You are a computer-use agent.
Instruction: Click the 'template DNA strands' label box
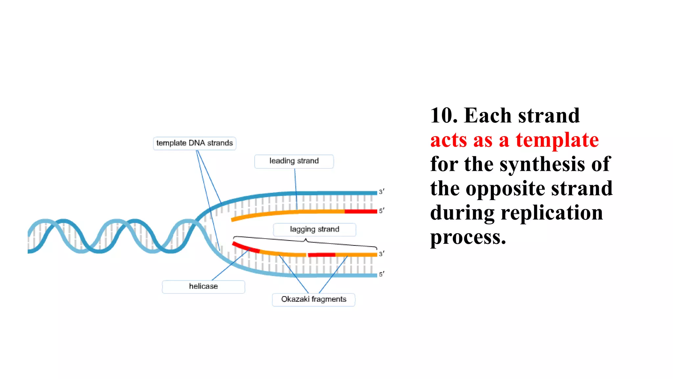(x=195, y=143)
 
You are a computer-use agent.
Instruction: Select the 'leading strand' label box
(x=294, y=161)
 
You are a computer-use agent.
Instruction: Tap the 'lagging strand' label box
(x=314, y=229)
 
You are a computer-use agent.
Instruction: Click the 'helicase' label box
(x=203, y=287)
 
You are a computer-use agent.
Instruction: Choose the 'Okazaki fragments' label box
(x=313, y=299)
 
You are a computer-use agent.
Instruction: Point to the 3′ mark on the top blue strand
(x=382, y=191)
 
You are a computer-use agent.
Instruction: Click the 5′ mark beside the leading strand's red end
(x=382, y=211)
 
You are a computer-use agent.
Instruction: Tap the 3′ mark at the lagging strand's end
(x=382, y=254)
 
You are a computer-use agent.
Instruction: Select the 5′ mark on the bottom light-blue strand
(x=382, y=274)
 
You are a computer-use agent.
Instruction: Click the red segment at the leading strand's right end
(x=360, y=211)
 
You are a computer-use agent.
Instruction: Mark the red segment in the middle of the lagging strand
(x=321, y=255)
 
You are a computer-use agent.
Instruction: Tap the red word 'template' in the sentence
(x=557, y=140)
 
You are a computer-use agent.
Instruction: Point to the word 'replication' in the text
(x=552, y=213)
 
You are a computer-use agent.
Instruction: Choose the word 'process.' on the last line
(x=468, y=238)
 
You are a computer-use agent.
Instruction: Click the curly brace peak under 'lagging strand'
(x=306, y=240)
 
